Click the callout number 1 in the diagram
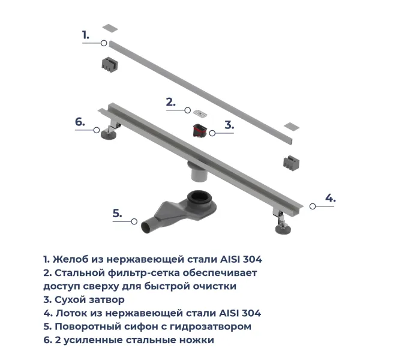point(85,35)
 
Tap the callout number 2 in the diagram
point(170,102)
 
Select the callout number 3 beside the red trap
point(229,125)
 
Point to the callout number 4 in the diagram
point(331,198)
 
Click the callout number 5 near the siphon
point(117,214)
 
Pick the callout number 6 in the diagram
point(80,122)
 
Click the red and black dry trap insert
point(200,131)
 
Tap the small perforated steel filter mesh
point(200,113)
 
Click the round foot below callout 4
point(283,229)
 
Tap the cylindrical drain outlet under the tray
point(199,173)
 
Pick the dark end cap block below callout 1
point(110,64)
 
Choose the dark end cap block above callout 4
point(291,163)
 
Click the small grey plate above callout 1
point(110,28)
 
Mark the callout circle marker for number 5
point(134,221)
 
